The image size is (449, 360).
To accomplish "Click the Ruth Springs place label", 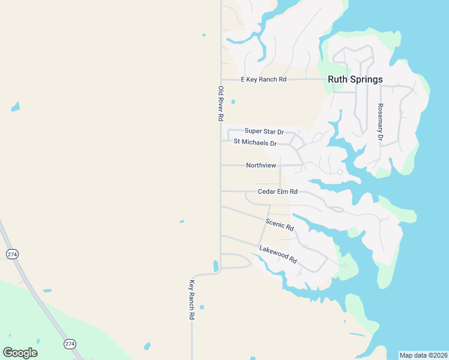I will [x=355, y=79].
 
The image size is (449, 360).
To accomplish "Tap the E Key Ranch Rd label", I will [x=264, y=79].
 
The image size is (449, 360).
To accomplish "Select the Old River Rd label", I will [x=221, y=104].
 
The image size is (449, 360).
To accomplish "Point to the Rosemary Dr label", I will [x=380, y=122].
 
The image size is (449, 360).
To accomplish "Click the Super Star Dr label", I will [x=264, y=131].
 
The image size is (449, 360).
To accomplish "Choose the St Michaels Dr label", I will [x=255, y=143].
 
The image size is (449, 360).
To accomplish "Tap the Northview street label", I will [x=261, y=165].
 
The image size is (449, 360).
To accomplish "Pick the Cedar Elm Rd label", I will [x=277, y=191].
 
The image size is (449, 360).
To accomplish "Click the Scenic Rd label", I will [x=280, y=224].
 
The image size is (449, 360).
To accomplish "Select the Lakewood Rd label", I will [x=278, y=254].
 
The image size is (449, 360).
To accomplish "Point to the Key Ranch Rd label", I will [x=192, y=299].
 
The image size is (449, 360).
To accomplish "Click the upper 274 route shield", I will [x=12, y=254].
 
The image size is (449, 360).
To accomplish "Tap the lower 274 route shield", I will [x=70, y=344].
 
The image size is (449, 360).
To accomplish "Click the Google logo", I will [x=20, y=353].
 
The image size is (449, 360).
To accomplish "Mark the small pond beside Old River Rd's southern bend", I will [x=215, y=265].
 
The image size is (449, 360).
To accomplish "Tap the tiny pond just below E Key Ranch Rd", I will [x=233, y=102].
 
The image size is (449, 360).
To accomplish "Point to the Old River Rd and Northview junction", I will [x=221, y=165].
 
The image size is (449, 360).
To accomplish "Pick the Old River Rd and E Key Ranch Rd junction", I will [x=221, y=79].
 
